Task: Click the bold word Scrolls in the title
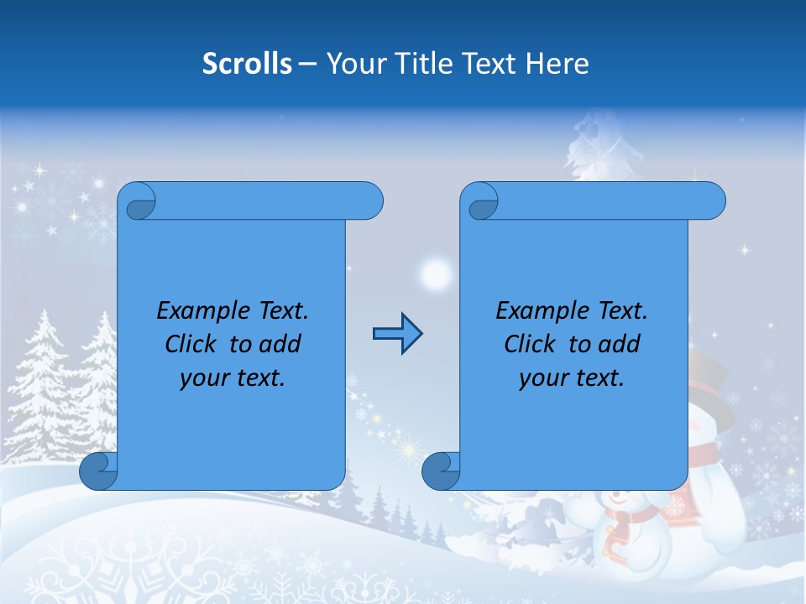[x=247, y=64]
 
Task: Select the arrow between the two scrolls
[x=397, y=334]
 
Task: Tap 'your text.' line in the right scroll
[x=572, y=377]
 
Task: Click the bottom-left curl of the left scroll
[x=98, y=471]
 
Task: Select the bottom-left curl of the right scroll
[x=441, y=471]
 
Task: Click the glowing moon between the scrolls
[x=435, y=273]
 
